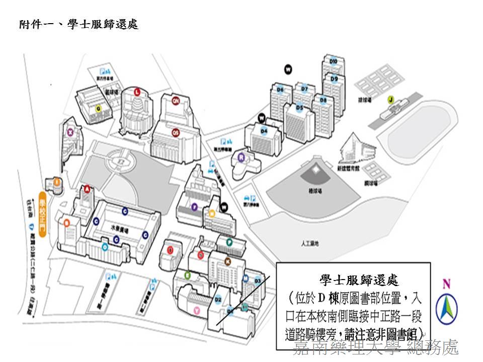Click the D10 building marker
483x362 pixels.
point(333,61)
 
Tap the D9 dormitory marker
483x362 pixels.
point(334,79)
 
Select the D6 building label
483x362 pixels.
point(281,89)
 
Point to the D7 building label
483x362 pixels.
point(304,89)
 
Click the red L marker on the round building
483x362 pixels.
point(137,91)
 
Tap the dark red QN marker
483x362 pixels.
point(176,101)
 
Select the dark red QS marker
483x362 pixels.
point(176,132)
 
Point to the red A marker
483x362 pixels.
point(87,189)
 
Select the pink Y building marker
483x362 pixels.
point(197,311)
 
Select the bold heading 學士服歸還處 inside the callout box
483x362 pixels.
point(359,280)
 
